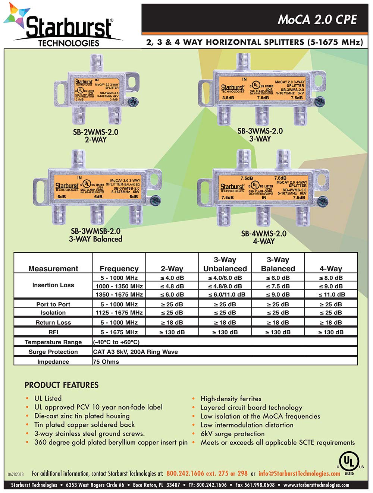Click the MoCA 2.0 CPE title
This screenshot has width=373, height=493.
pos(317,19)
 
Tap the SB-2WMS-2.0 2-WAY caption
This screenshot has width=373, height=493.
pos(96,136)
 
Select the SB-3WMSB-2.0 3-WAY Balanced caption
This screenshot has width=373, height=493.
pos(95,235)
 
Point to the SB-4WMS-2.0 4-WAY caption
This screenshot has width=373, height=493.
pos(264,237)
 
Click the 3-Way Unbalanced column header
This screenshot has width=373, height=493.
pos(225,264)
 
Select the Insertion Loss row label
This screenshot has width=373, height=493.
pos(53,285)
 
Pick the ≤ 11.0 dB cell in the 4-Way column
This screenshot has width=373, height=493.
pos(331,294)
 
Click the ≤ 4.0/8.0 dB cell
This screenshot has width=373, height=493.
pos(225,278)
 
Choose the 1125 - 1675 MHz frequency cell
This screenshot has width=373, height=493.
pos(119,313)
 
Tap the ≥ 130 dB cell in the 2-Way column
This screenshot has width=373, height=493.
pos(172,332)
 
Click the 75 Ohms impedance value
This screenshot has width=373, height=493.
pos(106,361)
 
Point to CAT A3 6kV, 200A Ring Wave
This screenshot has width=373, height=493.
pos(135,352)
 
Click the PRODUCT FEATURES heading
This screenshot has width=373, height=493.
pos(62,385)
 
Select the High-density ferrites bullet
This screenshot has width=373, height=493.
pos(231,399)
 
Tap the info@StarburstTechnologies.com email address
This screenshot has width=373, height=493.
pos(299,474)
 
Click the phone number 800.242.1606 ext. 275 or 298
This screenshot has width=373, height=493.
pos(207,474)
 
